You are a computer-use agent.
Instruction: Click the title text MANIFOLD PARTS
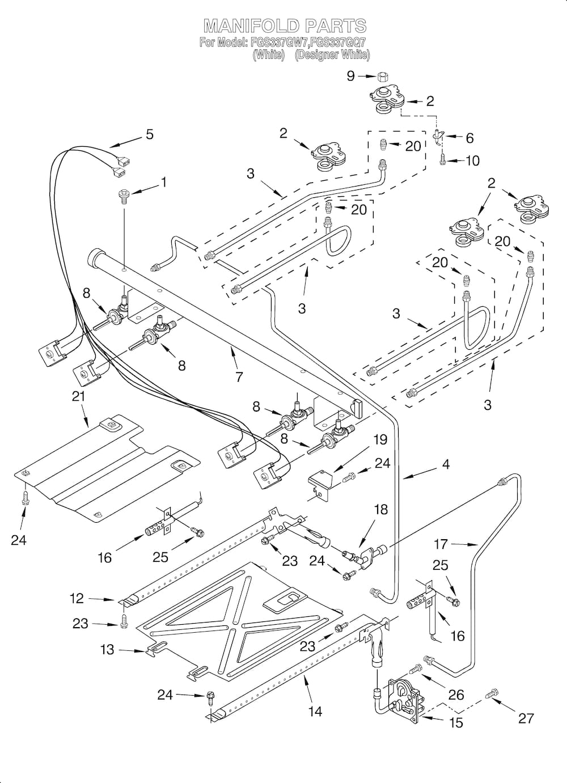click(x=285, y=26)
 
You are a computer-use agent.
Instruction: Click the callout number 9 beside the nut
click(x=350, y=75)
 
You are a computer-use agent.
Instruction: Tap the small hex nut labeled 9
click(x=383, y=77)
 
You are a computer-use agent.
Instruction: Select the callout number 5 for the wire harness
click(x=149, y=134)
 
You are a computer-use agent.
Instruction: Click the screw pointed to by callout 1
click(x=123, y=196)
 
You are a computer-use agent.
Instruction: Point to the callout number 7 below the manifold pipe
click(x=239, y=376)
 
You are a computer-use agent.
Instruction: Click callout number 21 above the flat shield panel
click(x=78, y=396)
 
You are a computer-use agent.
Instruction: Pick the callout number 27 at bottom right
click(x=526, y=718)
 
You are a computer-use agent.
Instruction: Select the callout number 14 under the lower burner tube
click(x=315, y=711)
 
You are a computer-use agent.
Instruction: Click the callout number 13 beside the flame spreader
click(x=107, y=650)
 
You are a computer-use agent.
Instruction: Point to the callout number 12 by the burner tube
click(x=77, y=598)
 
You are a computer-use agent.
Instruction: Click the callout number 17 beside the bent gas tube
click(x=441, y=544)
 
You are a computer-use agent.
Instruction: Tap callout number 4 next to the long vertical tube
click(x=446, y=464)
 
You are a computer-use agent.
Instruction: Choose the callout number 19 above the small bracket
click(x=379, y=439)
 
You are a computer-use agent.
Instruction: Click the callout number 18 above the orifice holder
click(x=380, y=510)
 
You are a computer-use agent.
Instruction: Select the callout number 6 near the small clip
click(x=469, y=138)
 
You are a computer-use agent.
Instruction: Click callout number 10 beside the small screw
click(x=472, y=161)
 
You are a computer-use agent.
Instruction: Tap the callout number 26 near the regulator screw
click(x=456, y=695)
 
